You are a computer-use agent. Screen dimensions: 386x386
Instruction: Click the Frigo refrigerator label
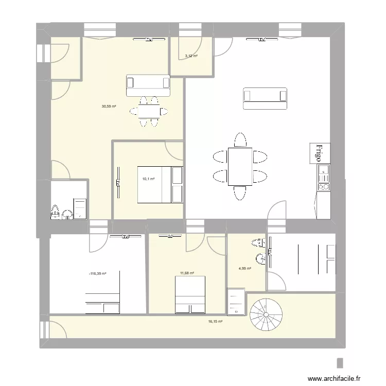click(x=319, y=153)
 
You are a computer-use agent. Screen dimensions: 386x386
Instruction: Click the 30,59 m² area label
click(x=108, y=107)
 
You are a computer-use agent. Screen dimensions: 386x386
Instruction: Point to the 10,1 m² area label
click(x=148, y=179)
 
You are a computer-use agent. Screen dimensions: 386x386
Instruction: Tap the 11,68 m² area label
click(x=187, y=273)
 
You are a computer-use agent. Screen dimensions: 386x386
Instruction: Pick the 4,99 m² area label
click(x=244, y=268)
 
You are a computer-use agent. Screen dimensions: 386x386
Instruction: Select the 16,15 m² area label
click(x=215, y=322)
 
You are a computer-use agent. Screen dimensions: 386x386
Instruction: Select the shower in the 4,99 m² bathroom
click(x=236, y=303)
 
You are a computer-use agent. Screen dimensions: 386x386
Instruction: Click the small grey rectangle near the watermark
click(x=340, y=362)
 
